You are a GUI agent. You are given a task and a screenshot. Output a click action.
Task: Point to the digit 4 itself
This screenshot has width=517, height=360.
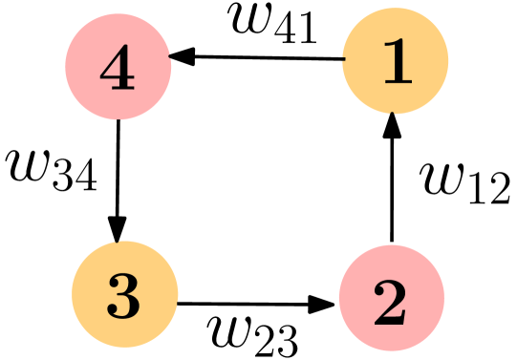[x=118, y=69]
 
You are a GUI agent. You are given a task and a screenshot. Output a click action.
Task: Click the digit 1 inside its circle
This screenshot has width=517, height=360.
[x=396, y=63]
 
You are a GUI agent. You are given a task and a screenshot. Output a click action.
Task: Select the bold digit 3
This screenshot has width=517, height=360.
[x=124, y=297]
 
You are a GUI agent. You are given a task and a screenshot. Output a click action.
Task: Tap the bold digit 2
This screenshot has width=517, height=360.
[x=391, y=303]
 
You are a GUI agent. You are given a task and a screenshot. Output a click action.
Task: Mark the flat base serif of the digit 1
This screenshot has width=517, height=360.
[x=397, y=83]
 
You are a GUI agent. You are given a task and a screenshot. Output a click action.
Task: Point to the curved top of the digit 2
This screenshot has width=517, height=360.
[x=391, y=287]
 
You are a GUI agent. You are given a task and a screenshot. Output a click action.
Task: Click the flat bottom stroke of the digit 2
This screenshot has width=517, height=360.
[x=391, y=320]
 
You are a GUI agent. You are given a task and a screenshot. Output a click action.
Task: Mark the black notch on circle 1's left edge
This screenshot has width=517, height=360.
[x=343, y=60]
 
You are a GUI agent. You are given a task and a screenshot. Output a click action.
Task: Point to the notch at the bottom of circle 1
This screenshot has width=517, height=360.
[x=393, y=113]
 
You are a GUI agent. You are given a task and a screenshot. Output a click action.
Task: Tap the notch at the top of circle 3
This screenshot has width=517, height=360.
[x=118, y=243]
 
